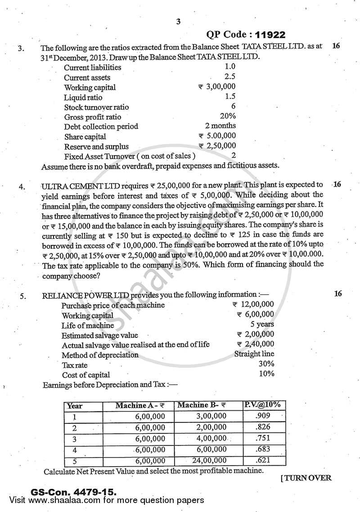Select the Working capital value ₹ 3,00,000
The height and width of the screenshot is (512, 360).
click(x=217, y=87)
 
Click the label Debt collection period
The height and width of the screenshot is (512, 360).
click(x=101, y=126)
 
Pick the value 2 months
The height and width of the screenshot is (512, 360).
click(x=220, y=126)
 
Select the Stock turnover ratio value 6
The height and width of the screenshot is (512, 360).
click(x=233, y=107)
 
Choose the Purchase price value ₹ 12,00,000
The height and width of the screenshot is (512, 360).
click(x=255, y=305)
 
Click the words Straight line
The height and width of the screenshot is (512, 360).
click(x=254, y=354)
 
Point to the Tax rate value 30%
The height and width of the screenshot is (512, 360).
click(x=266, y=364)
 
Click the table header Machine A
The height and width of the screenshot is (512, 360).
click(x=139, y=405)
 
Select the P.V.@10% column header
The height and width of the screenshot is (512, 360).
click(x=262, y=404)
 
